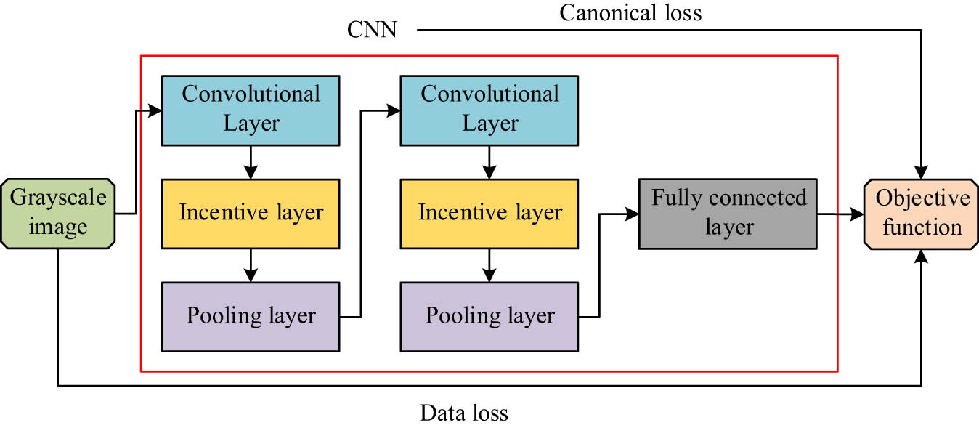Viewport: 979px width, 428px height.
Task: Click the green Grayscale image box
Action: coord(57,213)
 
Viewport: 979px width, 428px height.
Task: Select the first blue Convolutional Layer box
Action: coord(251,109)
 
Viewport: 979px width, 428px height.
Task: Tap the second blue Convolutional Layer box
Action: coord(489,109)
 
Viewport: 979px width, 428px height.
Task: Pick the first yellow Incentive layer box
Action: coord(251,213)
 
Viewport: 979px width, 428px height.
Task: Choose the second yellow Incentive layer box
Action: coord(489,213)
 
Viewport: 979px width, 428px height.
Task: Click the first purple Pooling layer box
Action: coord(251,316)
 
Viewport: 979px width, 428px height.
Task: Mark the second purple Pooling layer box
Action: coord(489,316)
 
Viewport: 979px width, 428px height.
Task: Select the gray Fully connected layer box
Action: coord(728,213)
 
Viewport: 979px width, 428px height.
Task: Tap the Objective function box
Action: coord(922,213)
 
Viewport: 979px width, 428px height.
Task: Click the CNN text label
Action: coord(371,31)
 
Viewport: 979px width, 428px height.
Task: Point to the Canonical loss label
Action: coord(630,12)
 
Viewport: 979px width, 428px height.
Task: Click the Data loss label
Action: coord(463,413)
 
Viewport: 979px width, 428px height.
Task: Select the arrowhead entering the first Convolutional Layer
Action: coord(155,110)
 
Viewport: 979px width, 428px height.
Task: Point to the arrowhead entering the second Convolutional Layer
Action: coord(394,110)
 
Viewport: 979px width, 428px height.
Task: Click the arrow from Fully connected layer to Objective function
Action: coord(840,214)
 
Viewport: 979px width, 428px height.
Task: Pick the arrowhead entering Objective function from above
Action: coord(922,174)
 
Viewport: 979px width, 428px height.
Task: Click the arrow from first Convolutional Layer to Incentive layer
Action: coord(251,162)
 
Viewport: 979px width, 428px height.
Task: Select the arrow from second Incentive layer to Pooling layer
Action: coord(489,265)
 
